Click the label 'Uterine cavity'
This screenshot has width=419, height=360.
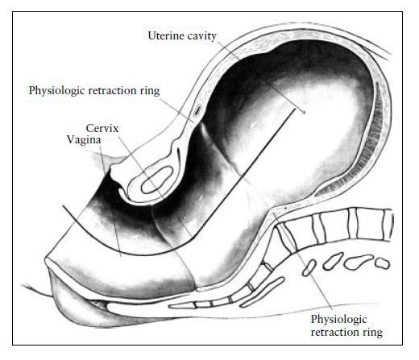tap(182, 35)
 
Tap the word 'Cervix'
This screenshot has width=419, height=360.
tap(102, 128)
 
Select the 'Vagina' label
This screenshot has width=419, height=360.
tap(84, 139)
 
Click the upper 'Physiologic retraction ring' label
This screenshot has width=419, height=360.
tap(94, 91)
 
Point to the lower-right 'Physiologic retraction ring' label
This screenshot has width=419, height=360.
tap(346, 325)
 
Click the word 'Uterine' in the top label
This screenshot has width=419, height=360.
tap(166, 35)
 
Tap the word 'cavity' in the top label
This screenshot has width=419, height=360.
tap(202, 36)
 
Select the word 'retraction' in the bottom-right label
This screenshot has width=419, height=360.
tap(332, 333)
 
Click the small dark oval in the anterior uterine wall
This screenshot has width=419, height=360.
tap(197, 110)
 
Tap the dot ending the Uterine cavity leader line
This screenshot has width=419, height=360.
tap(304, 113)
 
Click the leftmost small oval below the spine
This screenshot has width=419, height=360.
tap(309, 267)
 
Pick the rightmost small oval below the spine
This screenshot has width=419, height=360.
tap(382, 263)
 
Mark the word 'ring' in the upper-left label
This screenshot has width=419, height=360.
tap(150, 91)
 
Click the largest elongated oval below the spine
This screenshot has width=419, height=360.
tap(358, 262)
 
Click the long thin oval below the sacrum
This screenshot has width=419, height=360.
tap(262, 292)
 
